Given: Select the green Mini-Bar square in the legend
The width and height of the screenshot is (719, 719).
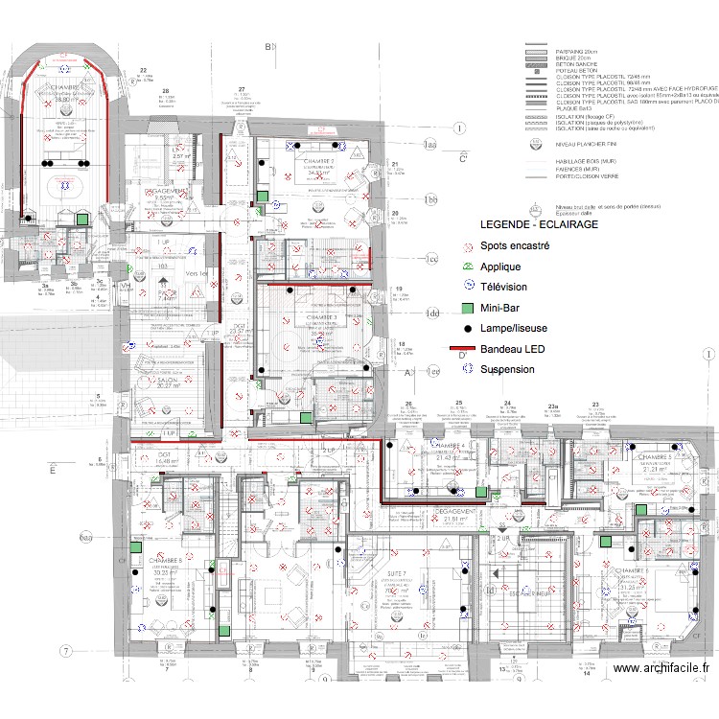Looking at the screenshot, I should [467, 308].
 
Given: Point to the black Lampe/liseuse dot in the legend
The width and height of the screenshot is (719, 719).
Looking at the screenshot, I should [467, 329].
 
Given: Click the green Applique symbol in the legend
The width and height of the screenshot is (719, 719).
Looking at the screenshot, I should [467, 267].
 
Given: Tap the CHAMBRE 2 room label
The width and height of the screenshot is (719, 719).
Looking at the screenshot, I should [321, 161].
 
